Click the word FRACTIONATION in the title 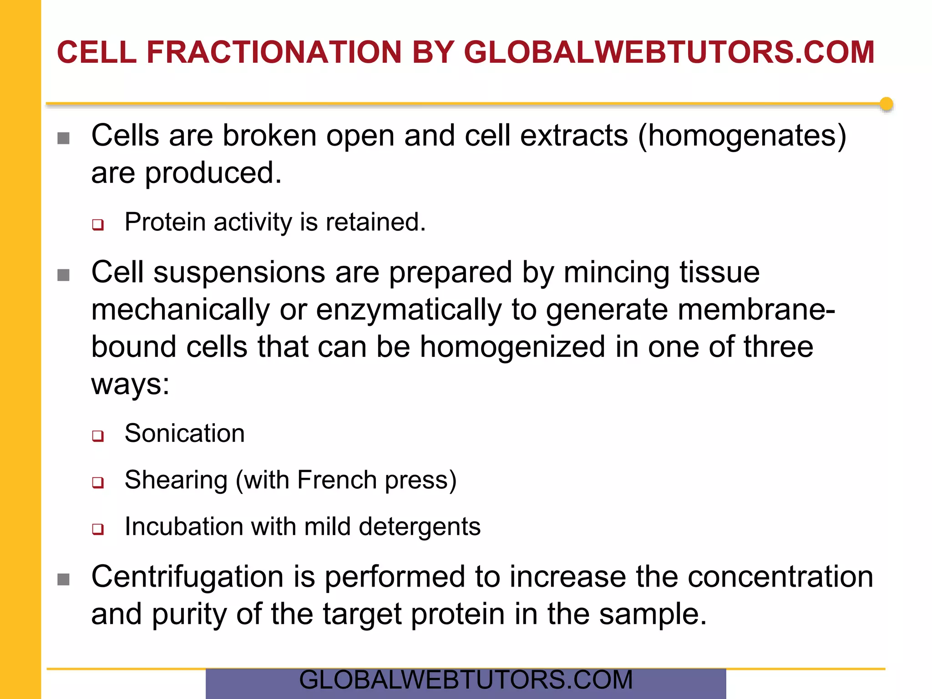coord(274,52)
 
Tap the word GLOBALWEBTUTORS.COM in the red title coord(669,52)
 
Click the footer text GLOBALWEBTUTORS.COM coord(466,680)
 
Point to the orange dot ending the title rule coord(886,104)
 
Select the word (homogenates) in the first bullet coord(742,136)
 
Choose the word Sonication coord(184,433)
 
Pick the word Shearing coord(176,480)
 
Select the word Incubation coord(183,527)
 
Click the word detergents coord(420,527)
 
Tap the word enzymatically coord(409,310)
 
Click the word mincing coord(616,273)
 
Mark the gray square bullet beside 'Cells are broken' coord(64,138)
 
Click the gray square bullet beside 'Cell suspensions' coord(64,275)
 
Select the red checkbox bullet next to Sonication coord(98,436)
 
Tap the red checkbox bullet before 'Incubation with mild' coord(98,529)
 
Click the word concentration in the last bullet coord(780,577)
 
